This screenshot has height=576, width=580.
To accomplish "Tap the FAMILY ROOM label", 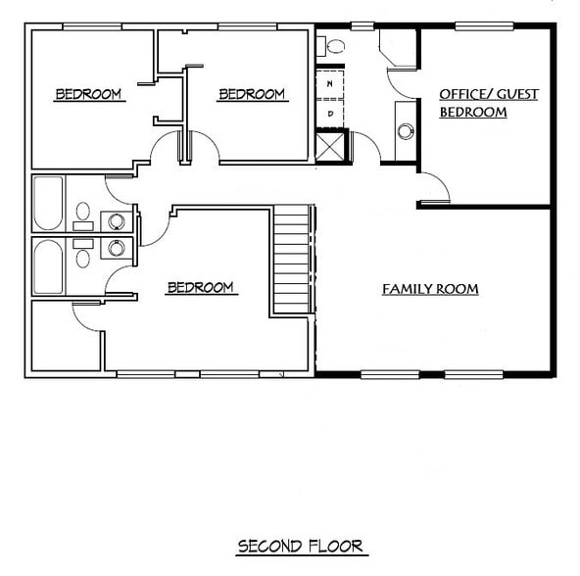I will (430, 289).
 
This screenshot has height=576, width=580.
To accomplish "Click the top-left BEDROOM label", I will (88, 94).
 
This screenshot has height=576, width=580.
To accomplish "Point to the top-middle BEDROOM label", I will (252, 94).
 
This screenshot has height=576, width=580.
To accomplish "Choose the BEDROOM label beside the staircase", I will (201, 287).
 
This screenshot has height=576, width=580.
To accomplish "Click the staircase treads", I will (292, 260).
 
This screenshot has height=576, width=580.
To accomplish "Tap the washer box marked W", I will (330, 84).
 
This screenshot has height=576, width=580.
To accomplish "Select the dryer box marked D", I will (330, 113).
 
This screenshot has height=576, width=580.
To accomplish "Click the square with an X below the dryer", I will (330, 146).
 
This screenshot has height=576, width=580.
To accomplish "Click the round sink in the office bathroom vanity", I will (405, 129).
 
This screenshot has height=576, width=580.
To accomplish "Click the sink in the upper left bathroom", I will (117, 220).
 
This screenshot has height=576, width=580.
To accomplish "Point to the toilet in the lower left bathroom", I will (83, 258).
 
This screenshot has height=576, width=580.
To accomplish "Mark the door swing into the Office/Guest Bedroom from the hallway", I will (434, 188).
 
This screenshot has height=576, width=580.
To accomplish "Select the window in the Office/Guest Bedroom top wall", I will (482, 24).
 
